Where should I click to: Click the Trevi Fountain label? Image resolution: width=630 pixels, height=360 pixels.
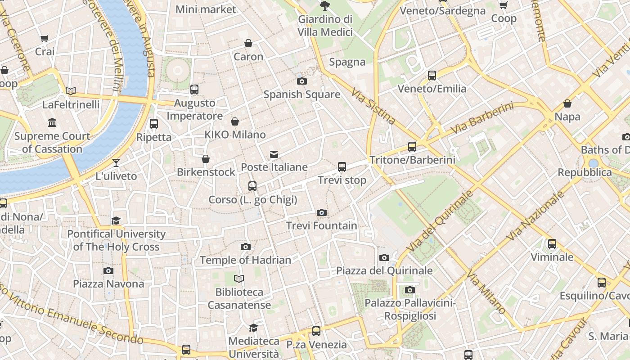(322, 225)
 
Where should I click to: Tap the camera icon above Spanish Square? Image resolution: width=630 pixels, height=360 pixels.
(302, 81)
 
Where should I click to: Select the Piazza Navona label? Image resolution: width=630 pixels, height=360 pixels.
(108, 284)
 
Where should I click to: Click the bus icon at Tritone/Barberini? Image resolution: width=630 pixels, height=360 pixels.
(412, 146)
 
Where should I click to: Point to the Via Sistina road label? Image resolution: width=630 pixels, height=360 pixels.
(373, 106)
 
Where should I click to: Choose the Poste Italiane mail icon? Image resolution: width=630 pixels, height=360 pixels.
(274, 154)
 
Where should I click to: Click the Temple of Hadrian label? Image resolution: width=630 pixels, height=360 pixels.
(245, 260)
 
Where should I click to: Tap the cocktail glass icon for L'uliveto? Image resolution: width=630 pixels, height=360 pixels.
(117, 162)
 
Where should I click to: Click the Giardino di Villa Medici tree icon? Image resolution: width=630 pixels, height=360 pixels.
(324, 6)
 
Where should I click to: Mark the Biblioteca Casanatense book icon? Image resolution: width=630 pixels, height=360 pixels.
(239, 279)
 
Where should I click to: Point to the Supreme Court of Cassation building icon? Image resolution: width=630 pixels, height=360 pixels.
(52, 122)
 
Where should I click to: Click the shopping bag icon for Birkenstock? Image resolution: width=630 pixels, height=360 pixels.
(206, 159)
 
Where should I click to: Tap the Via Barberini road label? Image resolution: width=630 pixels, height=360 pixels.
(482, 118)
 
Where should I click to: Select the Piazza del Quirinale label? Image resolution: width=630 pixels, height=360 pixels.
(384, 270)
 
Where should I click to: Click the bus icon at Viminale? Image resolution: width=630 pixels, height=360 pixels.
(552, 244)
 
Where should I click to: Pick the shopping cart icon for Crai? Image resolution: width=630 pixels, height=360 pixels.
(45, 39)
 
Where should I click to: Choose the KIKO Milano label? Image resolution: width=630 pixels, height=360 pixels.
(235, 135)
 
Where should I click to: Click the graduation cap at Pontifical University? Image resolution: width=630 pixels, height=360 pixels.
(116, 220)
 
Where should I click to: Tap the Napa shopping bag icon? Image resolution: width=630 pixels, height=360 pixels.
(567, 103)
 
